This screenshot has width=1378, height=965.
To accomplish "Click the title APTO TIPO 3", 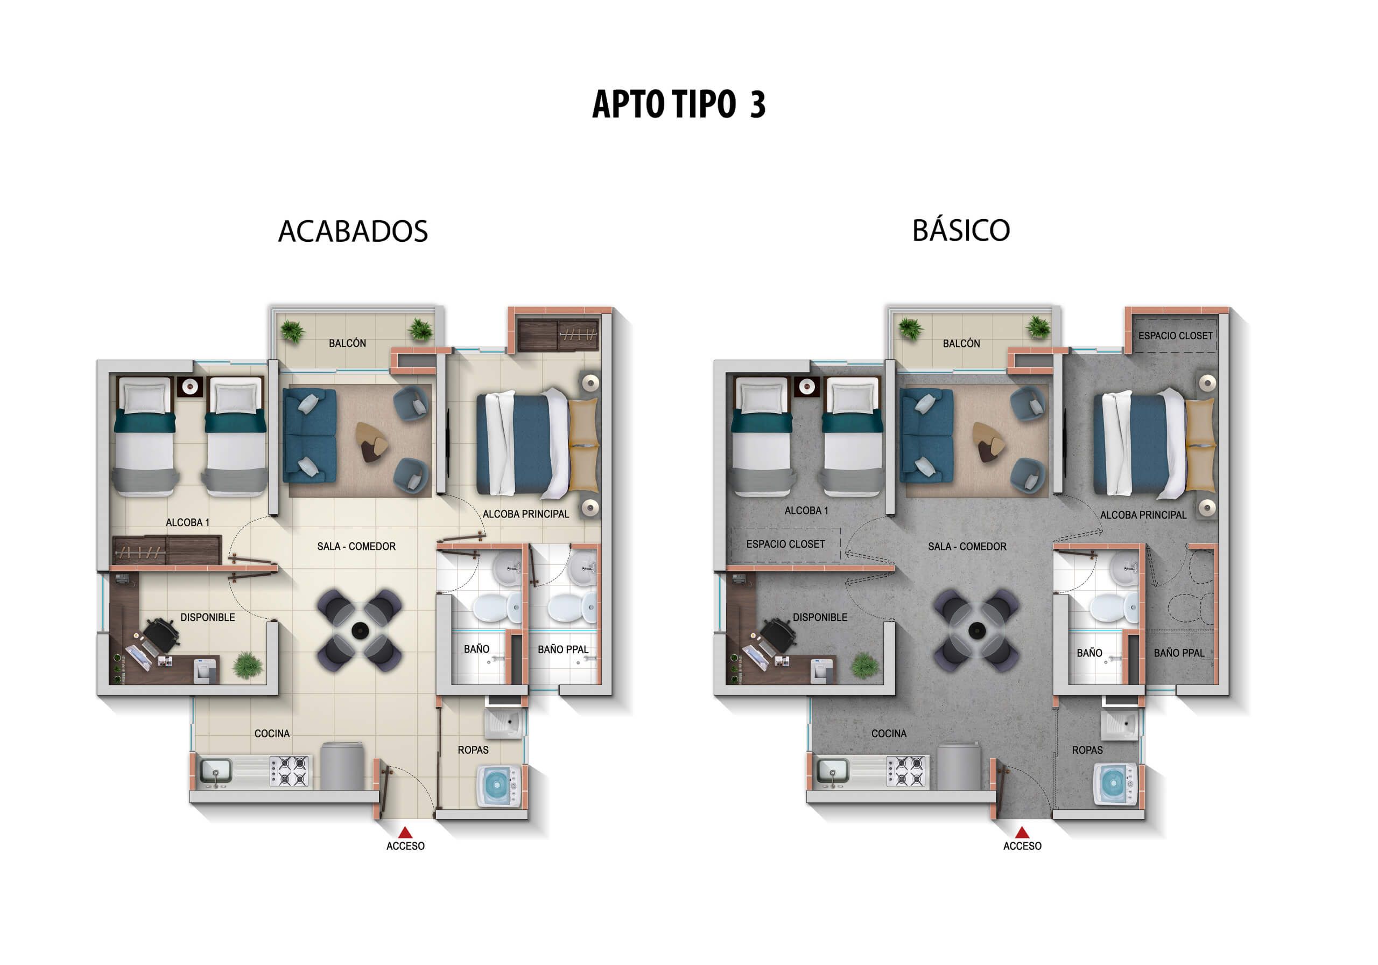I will pyautogui.click(x=678, y=104).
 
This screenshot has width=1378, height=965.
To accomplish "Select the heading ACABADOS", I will pyautogui.click(x=353, y=231).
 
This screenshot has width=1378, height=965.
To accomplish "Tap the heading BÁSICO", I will pyautogui.click(x=961, y=230).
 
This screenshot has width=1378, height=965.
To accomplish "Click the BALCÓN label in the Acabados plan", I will pyautogui.click(x=347, y=344).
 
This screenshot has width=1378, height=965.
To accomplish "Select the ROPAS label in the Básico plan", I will pyautogui.click(x=1087, y=750).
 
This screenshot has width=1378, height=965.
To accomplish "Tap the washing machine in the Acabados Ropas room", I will pyautogui.click(x=497, y=785).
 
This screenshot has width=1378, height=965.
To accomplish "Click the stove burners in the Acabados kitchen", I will pyautogui.click(x=289, y=771).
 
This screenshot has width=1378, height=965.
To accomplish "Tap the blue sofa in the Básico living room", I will pyautogui.click(x=926, y=435).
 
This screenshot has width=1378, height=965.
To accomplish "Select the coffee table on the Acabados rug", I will pyautogui.click(x=371, y=442).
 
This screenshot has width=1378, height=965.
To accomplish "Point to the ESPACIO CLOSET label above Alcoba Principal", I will pyautogui.click(x=1175, y=335).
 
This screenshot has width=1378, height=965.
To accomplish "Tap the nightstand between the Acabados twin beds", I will pyautogui.click(x=190, y=387).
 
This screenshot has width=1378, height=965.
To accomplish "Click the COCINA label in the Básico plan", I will pyautogui.click(x=888, y=734).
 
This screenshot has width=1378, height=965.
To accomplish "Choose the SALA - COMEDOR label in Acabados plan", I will pyautogui.click(x=356, y=547).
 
